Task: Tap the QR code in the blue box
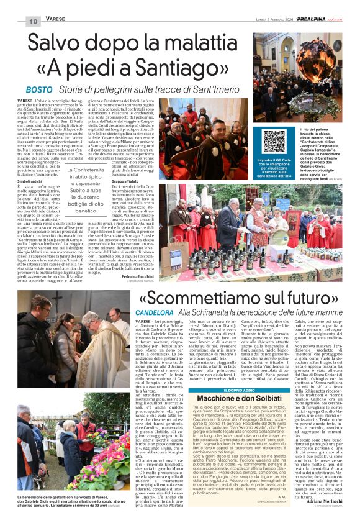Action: tap(274, 141)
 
